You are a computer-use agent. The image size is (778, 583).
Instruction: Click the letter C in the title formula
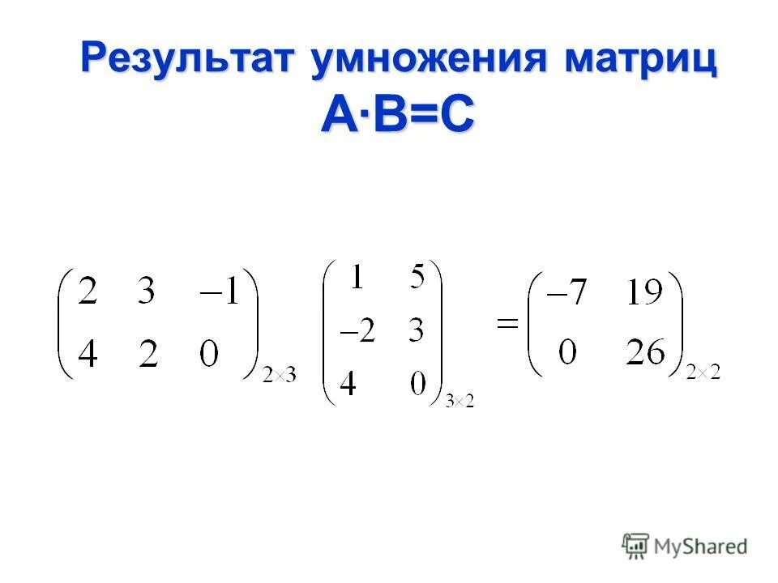click(455, 115)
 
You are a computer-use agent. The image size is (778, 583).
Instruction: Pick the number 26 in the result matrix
click(646, 353)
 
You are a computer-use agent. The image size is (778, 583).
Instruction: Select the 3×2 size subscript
click(460, 402)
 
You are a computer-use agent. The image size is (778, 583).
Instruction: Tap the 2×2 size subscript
click(703, 373)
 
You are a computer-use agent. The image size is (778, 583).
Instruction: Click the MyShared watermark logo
click(685, 546)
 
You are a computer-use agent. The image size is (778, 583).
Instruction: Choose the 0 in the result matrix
click(567, 353)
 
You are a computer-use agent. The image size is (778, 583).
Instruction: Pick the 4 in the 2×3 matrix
click(87, 353)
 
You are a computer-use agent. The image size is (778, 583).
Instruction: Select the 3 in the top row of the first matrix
click(147, 292)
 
